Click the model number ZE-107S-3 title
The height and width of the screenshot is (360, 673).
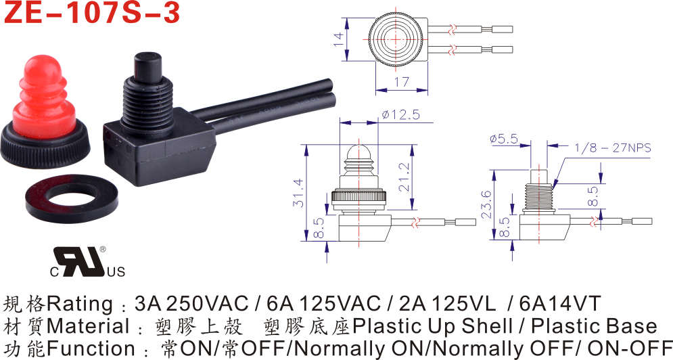tap(92, 12)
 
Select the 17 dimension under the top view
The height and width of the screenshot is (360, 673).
tap(401, 82)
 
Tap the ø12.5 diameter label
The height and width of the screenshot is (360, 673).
tap(400, 115)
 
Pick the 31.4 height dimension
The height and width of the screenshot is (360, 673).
tap(298, 192)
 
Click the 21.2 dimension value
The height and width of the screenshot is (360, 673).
tap(404, 177)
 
